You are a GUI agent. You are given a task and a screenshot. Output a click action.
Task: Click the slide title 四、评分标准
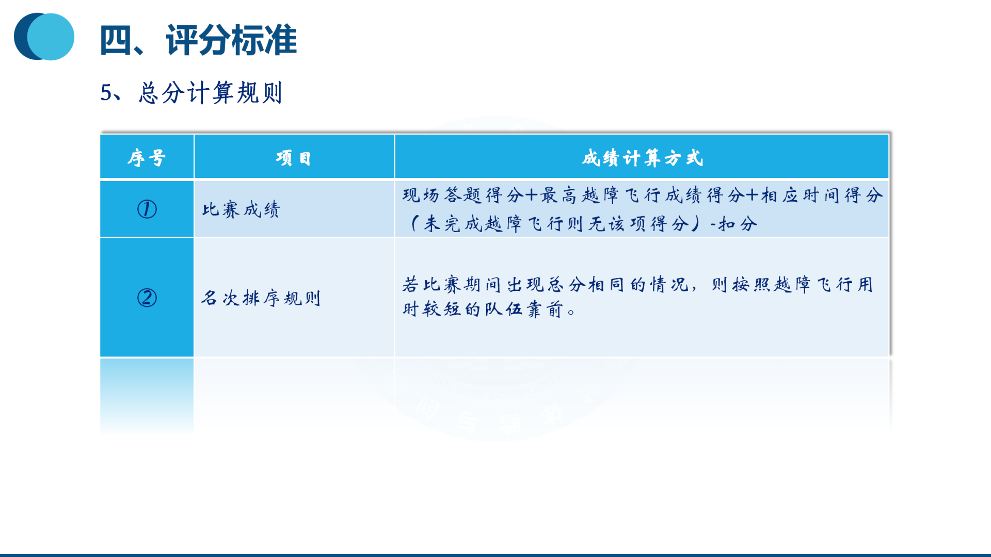point(198,40)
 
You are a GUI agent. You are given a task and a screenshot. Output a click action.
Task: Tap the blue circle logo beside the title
point(44,37)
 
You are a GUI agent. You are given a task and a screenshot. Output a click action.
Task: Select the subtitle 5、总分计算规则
point(191,93)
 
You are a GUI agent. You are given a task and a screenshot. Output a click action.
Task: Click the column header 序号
point(147,158)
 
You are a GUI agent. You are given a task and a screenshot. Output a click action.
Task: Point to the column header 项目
point(294,158)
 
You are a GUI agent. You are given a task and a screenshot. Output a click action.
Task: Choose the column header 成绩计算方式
point(643,158)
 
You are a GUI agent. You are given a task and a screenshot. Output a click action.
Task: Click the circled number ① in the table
point(147,209)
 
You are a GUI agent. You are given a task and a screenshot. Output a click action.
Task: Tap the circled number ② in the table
point(147,298)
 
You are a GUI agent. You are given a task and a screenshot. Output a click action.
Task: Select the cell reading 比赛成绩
point(241,209)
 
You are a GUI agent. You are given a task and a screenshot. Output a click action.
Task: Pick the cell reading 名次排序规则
point(261,298)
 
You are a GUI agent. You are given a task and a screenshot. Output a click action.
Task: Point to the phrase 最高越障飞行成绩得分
point(642,195)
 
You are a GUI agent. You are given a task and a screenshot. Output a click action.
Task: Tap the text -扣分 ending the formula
point(733,224)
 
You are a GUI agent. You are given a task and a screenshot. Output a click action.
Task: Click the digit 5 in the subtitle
point(106,93)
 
